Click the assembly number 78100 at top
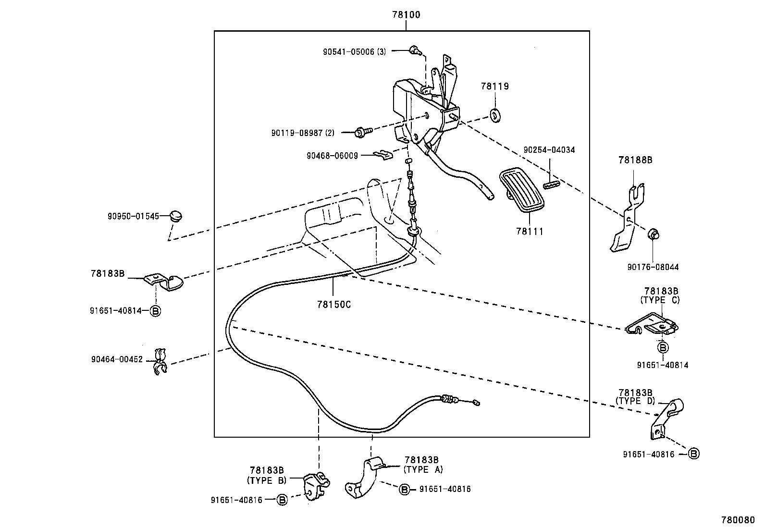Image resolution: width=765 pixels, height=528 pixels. tap(406, 15)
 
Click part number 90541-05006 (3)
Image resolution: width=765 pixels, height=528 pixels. tap(354, 51)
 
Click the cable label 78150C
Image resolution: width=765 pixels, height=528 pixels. tap(333, 304)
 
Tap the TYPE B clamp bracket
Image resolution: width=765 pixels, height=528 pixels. tap(316, 486)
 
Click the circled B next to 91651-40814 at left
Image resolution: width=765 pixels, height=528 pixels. tap(155, 311)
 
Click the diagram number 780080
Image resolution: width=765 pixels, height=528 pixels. tap(737, 520)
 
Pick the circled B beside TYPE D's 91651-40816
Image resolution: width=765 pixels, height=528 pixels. tap(693, 454)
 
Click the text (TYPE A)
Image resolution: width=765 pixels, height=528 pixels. tap(423, 469)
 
